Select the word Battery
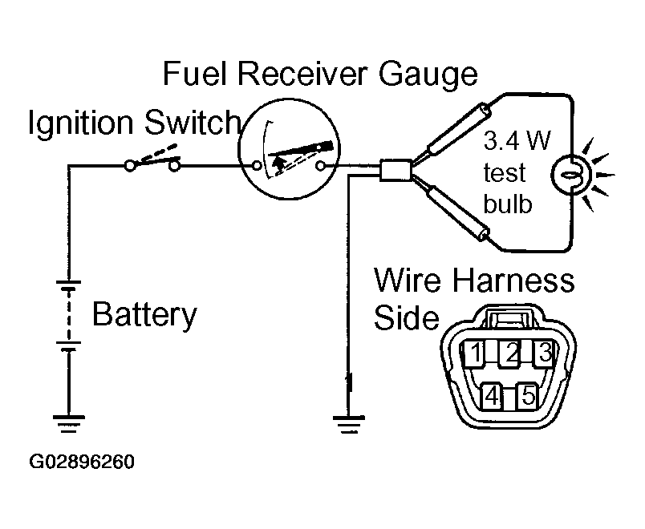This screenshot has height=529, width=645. coord(144,315)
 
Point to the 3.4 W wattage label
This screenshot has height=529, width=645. coord(517,140)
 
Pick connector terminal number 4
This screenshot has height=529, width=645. coord(492,396)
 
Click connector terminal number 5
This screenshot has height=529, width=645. coord(528,396)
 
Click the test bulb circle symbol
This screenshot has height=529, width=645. coord(571,174)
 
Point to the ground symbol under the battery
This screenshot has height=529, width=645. coord(69,423)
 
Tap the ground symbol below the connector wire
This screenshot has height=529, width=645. coord(348,425)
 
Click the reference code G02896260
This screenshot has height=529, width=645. coord(82,462)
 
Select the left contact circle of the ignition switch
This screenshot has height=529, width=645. coord(130,166)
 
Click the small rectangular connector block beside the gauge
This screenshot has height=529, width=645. coord(395,170)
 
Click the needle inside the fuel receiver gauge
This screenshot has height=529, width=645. coord(300,150)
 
